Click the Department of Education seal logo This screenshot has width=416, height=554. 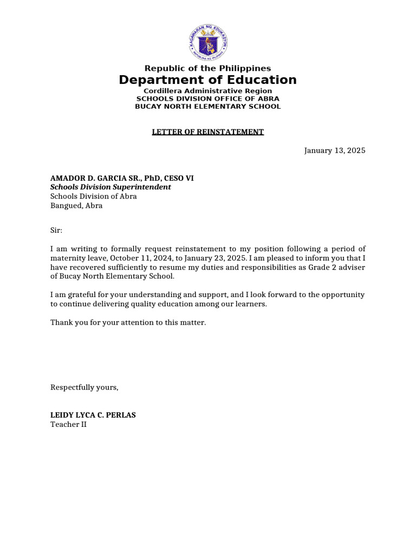coord(208,43)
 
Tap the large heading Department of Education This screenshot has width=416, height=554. coord(208,80)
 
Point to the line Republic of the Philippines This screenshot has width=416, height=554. coord(207,68)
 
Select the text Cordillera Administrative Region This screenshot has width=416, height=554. coord(207,91)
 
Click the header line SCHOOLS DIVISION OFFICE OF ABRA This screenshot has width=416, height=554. coord(207,99)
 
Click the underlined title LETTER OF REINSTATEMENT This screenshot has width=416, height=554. coord(207,132)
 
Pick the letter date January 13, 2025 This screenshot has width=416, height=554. coord(335,150)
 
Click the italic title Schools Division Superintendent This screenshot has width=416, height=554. coord(110,187)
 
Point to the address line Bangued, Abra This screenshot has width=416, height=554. coord(76,206)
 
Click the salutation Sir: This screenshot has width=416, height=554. coord(56,230)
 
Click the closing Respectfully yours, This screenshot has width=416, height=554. coord(84,387)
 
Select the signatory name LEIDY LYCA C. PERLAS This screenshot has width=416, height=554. coord(93,415)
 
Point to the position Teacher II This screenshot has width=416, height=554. coord(68,425)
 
